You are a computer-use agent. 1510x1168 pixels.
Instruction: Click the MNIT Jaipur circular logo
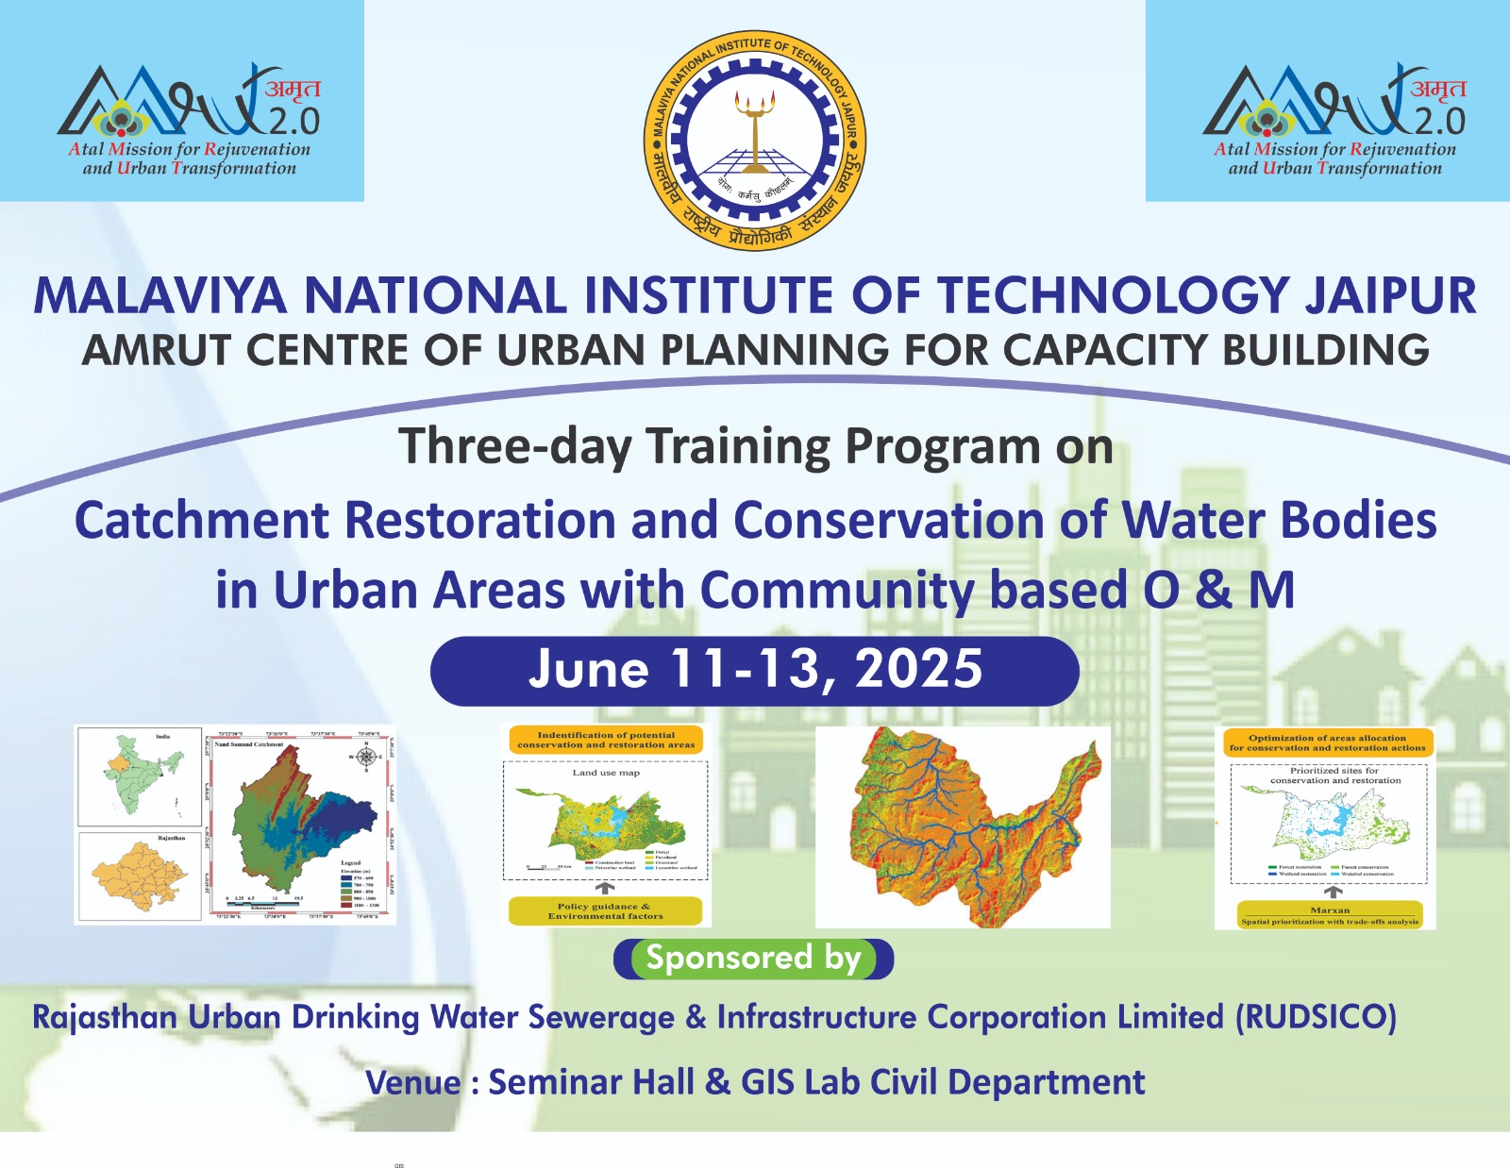point(754,140)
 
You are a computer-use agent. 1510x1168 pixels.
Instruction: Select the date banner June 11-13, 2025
point(754,671)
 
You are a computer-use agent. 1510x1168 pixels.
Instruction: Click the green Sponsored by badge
point(753,959)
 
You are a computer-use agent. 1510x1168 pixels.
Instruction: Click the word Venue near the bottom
point(413,1082)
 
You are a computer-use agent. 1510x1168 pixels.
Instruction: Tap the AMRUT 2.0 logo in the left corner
point(189,118)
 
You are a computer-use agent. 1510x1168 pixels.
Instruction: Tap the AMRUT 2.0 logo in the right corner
point(1334,118)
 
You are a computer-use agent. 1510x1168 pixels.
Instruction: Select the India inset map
point(140,776)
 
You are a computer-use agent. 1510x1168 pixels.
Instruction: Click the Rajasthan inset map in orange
point(138,876)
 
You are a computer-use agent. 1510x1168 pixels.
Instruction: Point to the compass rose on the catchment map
point(366,757)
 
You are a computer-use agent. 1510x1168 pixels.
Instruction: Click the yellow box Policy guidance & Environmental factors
point(605,910)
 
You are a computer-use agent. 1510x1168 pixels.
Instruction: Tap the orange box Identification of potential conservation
point(606,740)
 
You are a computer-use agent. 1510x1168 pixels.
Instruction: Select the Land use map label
point(606,773)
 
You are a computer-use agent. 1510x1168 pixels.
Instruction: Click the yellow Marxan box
point(1329,915)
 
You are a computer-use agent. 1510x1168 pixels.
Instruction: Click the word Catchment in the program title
point(202,521)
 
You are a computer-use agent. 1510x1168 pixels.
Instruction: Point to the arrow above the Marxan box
point(1333,892)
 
